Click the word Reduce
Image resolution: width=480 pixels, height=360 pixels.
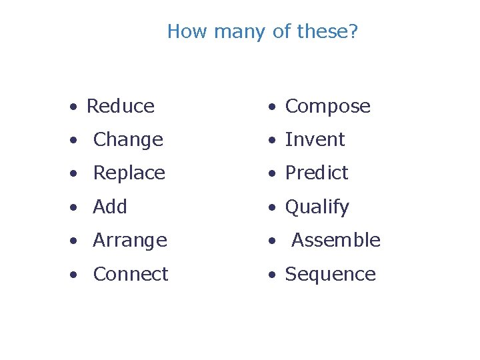pyautogui.click(x=120, y=106)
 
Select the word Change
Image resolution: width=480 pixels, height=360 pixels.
pyautogui.click(x=128, y=139)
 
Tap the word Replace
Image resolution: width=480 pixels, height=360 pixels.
pyautogui.click(x=129, y=173)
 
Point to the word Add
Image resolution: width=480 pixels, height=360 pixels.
pyautogui.click(x=110, y=207)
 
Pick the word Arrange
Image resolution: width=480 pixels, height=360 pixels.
pyautogui.click(x=130, y=241)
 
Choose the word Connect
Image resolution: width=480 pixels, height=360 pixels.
pyautogui.click(x=131, y=274)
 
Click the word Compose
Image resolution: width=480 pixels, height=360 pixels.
pyautogui.click(x=327, y=107)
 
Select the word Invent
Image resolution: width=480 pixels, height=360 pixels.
pyautogui.click(x=315, y=139)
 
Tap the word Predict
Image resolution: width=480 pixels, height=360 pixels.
pyautogui.click(x=317, y=173)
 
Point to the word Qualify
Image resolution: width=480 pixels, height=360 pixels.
pyautogui.click(x=317, y=207)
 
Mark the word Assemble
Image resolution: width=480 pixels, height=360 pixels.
pyautogui.click(x=336, y=240)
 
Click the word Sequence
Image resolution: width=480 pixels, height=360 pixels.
pyautogui.click(x=330, y=275)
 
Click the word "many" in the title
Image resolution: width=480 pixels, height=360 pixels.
pyautogui.click(x=230, y=31)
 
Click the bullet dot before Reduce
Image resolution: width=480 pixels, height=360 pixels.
pyautogui.click(x=77, y=107)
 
